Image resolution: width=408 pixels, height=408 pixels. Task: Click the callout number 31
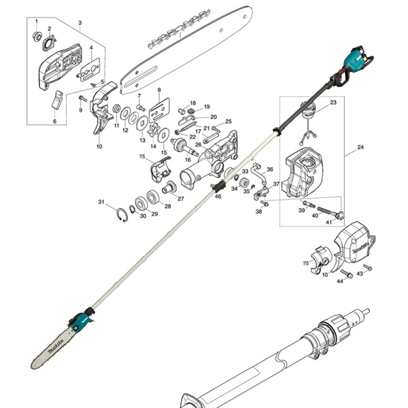101,202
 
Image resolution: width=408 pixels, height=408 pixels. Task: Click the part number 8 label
158,90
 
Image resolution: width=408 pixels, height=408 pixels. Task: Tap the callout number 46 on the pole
218,197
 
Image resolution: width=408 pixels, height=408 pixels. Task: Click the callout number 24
360,147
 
